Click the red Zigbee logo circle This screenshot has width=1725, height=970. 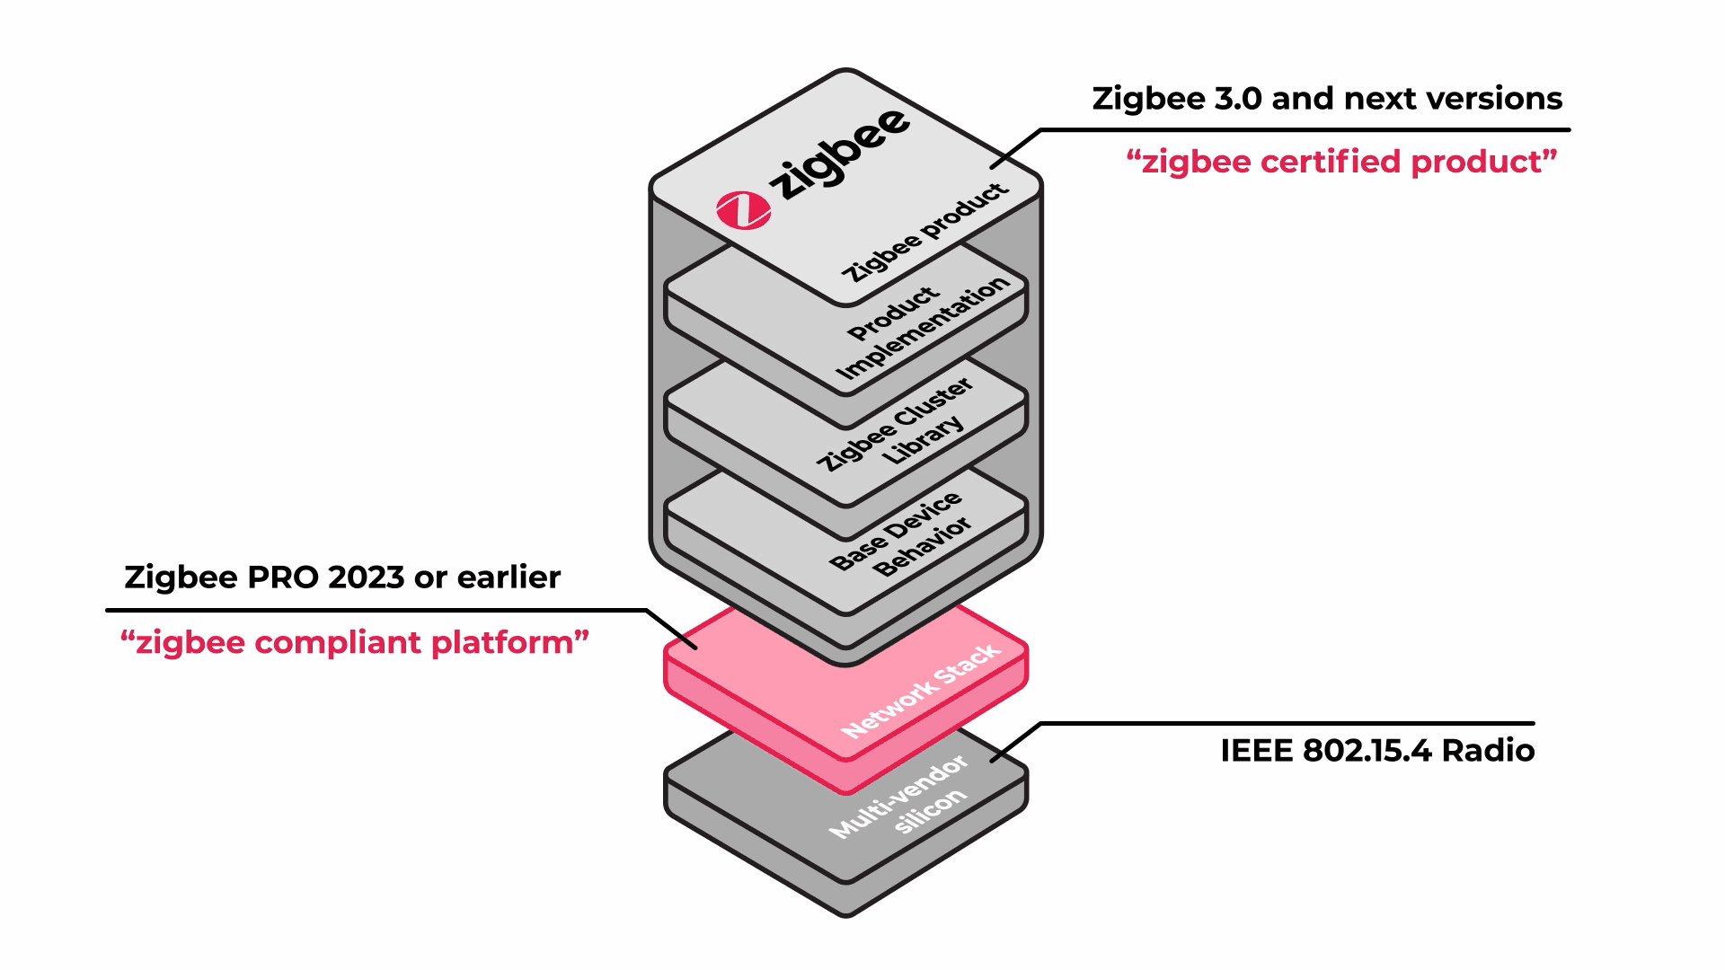tap(743, 210)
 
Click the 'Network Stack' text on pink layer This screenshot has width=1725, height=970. tap(920, 691)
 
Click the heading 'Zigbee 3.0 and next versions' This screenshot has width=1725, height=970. tap(1327, 99)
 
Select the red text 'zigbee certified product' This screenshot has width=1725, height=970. tap(1341, 163)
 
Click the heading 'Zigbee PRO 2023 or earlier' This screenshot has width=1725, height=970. tap(342, 578)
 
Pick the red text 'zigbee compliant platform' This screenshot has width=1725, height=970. tap(355, 643)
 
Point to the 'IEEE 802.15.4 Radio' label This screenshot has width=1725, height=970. tap(1376, 751)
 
